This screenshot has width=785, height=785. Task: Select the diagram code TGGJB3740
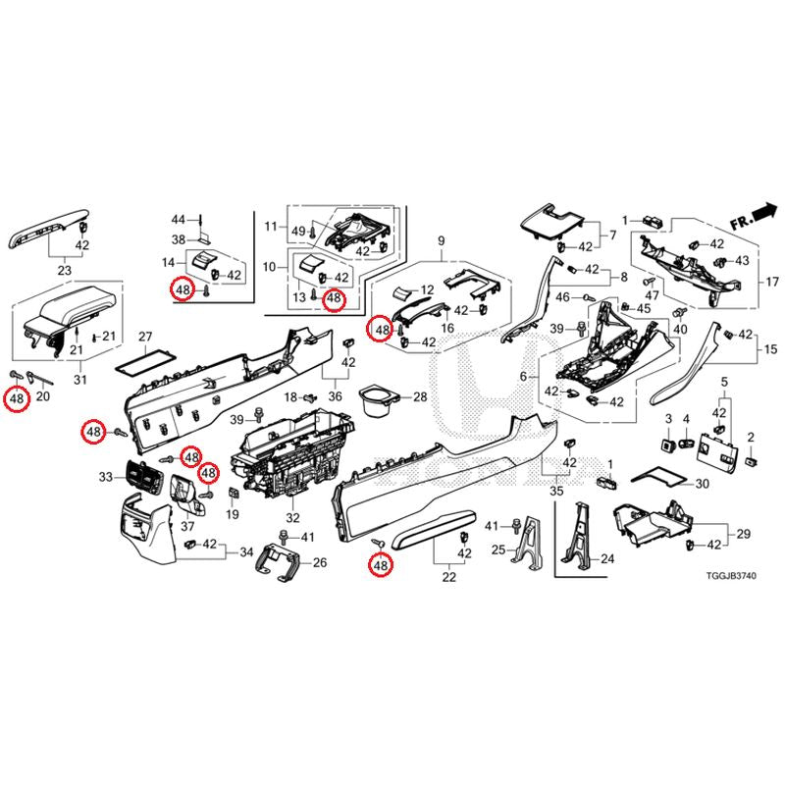point(731,576)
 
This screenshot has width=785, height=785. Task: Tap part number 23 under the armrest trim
point(65,271)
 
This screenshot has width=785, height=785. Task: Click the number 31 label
point(80,380)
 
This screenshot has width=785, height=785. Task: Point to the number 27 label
point(145,337)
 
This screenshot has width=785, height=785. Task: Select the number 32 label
point(292,518)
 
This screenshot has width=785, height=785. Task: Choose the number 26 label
point(320,562)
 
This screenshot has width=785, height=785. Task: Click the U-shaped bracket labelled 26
point(279,562)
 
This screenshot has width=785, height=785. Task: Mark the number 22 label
point(449,577)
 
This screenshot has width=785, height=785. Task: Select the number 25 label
point(498,550)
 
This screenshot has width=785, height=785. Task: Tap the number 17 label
point(772,282)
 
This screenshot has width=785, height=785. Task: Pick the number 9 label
point(441,240)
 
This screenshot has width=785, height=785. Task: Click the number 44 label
point(179,220)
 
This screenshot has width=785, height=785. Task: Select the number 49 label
point(298,232)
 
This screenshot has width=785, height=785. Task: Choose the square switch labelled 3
point(668,444)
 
